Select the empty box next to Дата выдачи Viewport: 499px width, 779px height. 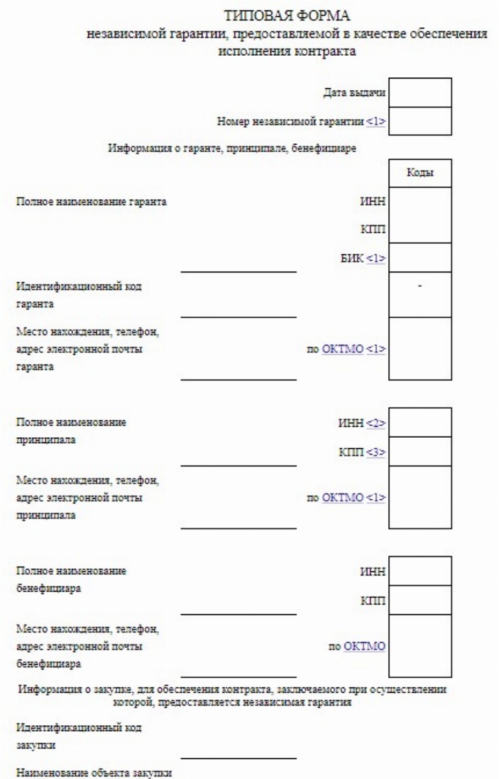click(419, 93)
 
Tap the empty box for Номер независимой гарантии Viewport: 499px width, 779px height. click(419, 121)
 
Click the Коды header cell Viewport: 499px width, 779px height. click(419, 173)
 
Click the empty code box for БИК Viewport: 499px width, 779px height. click(419, 258)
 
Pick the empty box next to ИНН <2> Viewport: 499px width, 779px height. click(419, 422)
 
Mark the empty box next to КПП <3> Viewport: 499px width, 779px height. click(419, 451)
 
